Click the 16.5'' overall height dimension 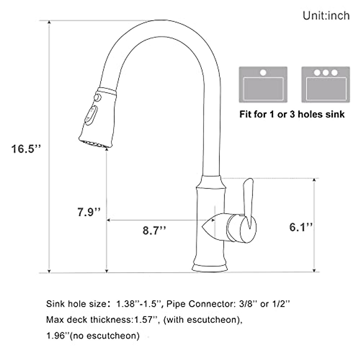(25, 149)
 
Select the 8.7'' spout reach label (154, 231)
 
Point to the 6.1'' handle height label (301, 227)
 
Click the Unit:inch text (326, 16)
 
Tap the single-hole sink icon (263, 85)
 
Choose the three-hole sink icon (326, 85)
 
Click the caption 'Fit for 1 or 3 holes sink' (292, 114)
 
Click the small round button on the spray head (97, 98)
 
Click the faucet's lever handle (248, 204)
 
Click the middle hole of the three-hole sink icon (326, 73)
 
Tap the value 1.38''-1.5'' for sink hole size (139, 304)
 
